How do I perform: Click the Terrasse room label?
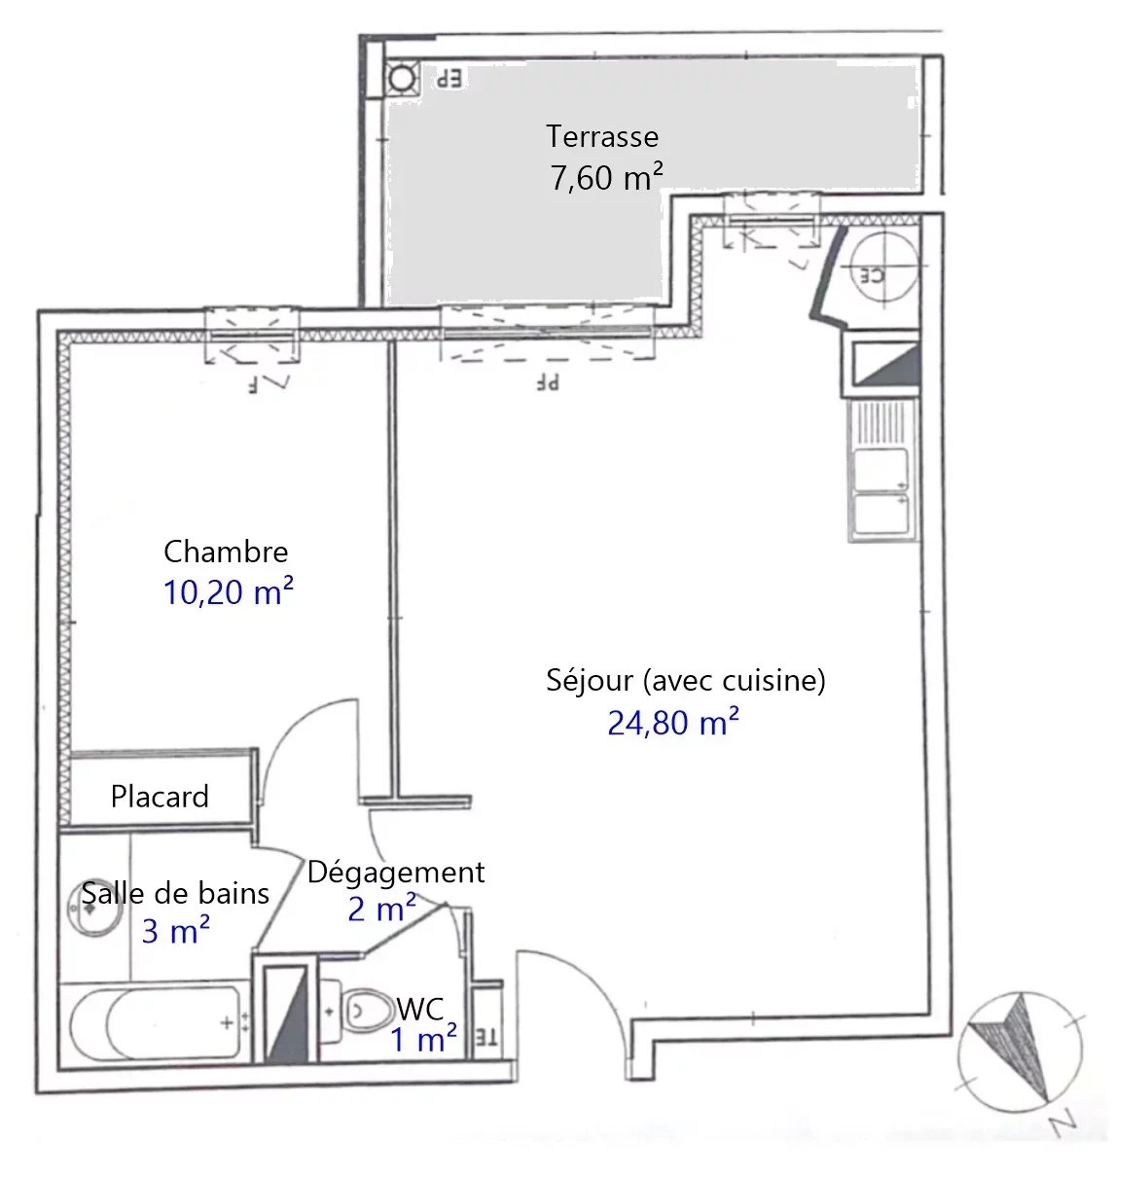[x=602, y=137]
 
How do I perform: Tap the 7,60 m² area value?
[x=606, y=177]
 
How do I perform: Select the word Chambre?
[x=226, y=552]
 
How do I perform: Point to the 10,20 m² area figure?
[x=228, y=590]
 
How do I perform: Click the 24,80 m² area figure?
[x=672, y=722]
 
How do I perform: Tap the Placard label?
[x=160, y=796]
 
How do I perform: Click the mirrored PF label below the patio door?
[x=548, y=382]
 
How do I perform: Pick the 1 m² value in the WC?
[x=423, y=1039]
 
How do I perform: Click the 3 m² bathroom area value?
[x=175, y=931]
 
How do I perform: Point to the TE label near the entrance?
[x=486, y=1039]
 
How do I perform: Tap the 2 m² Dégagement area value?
[x=381, y=909]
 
